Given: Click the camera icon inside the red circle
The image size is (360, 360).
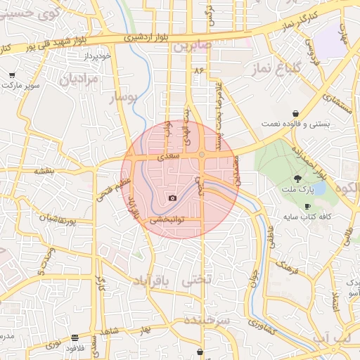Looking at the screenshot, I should [x=173, y=198].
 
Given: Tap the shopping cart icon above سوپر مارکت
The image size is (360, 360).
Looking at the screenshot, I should [x=12, y=75].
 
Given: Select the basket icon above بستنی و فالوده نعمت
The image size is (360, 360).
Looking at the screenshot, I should [x=296, y=112].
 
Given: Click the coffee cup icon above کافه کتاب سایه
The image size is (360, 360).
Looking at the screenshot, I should [x=307, y=205].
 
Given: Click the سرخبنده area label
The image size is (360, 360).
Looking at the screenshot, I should [x=207, y=319].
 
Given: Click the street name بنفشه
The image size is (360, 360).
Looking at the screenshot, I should [x=44, y=170].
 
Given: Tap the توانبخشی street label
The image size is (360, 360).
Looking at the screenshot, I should [x=168, y=219].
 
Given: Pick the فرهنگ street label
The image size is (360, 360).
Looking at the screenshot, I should [x=288, y=265].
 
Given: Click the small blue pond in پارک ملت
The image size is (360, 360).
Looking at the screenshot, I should [x=319, y=188].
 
